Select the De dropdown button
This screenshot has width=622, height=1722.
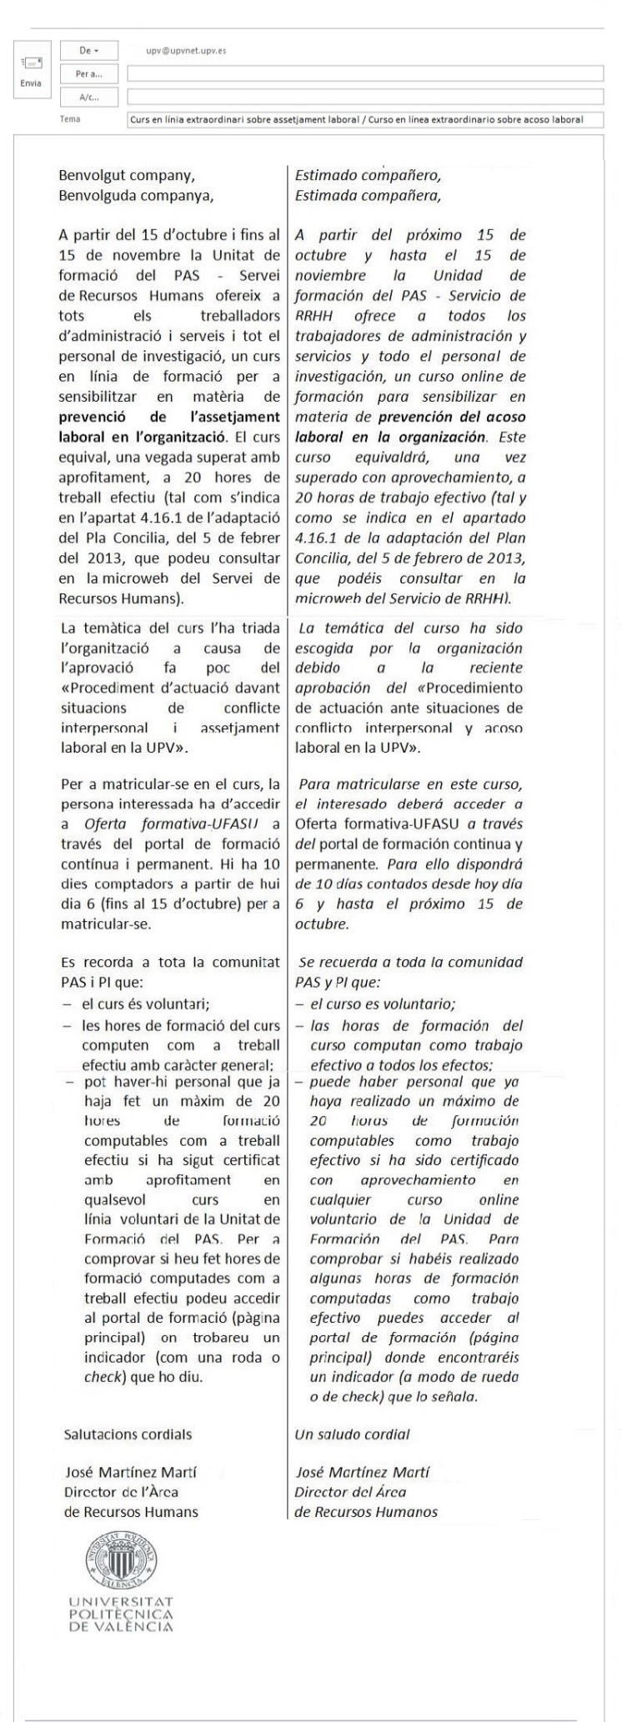(x=88, y=51)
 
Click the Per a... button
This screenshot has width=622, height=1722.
(x=88, y=74)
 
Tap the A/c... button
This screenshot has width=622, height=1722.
(x=88, y=98)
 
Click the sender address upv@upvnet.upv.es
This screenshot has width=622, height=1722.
(x=185, y=51)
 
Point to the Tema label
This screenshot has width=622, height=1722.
(x=70, y=119)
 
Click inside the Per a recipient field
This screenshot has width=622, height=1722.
(x=364, y=74)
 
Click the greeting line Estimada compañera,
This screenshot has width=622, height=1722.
(x=368, y=197)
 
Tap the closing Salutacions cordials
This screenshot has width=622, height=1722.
(x=128, y=1434)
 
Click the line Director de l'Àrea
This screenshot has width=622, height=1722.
(x=121, y=1493)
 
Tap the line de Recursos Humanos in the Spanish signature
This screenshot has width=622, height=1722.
(x=365, y=1512)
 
